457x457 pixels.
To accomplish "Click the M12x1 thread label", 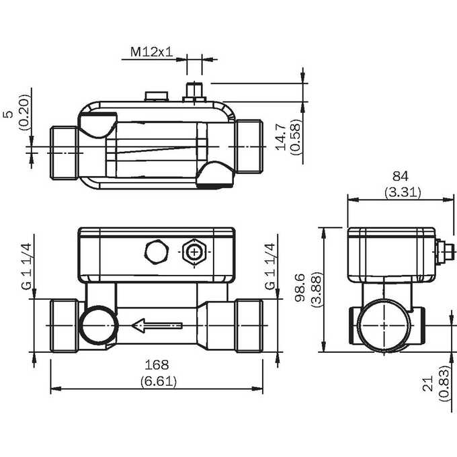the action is tap(151, 52).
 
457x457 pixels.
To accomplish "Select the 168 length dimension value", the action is tap(157, 365).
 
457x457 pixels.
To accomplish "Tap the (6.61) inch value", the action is tap(159, 382).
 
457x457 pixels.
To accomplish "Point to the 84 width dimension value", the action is tap(401, 176).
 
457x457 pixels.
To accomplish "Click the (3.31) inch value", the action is tap(403, 193).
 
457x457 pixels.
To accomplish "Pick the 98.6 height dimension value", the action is tap(300, 288).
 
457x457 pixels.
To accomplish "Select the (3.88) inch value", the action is tap(317, 290).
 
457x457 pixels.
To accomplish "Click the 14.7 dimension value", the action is tap(281, 136).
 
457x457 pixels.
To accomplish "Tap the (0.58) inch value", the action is tap(295, 137).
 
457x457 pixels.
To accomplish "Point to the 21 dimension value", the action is tap(428, 383).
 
